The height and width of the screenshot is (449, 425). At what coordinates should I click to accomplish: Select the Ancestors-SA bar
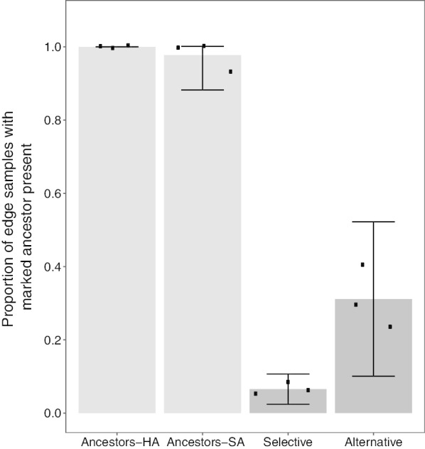click(x=203, y=234)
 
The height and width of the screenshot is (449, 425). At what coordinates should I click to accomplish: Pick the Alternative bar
click(x=373, y=355)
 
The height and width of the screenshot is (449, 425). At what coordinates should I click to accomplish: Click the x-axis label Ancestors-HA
click(x=117, y=442)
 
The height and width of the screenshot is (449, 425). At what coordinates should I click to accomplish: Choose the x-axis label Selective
click(x=288, y=442)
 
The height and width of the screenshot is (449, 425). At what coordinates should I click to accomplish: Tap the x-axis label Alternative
click(x=373, y=442)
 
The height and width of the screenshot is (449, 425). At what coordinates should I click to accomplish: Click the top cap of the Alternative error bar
click(x=373, y=222)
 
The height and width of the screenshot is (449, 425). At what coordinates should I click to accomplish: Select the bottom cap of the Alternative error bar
click(x=373, y=376)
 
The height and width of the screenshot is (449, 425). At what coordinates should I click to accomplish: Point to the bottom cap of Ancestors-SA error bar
click(x=203, y=90)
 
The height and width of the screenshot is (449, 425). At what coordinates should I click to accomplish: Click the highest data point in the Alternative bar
click(x=362, y=264)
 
